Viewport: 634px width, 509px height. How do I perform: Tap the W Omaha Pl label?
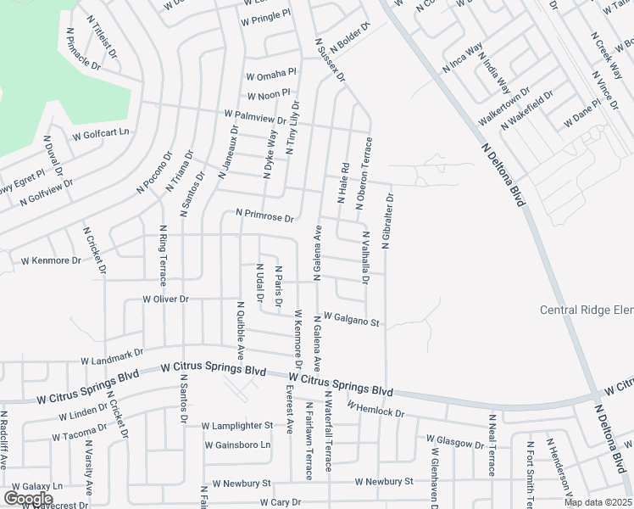(x=271, y=73)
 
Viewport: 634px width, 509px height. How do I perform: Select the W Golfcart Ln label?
(x=101, y=133)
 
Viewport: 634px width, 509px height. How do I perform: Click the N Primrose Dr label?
(x=264, y=215)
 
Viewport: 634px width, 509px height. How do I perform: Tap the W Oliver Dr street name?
(x=165, y=299)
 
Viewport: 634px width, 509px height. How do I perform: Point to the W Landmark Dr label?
(x=113, y=356)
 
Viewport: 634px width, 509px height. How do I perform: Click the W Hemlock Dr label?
(x=377, y=409)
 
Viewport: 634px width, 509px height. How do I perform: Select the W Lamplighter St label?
(x=237, y=425)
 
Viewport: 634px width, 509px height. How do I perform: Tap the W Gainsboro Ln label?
(x=237, y=445)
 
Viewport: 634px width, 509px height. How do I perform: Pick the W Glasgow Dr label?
(x=455, y=441)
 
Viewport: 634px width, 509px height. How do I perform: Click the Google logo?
(x=28, y=498)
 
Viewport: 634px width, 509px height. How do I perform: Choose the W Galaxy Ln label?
(x=34, y=486)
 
